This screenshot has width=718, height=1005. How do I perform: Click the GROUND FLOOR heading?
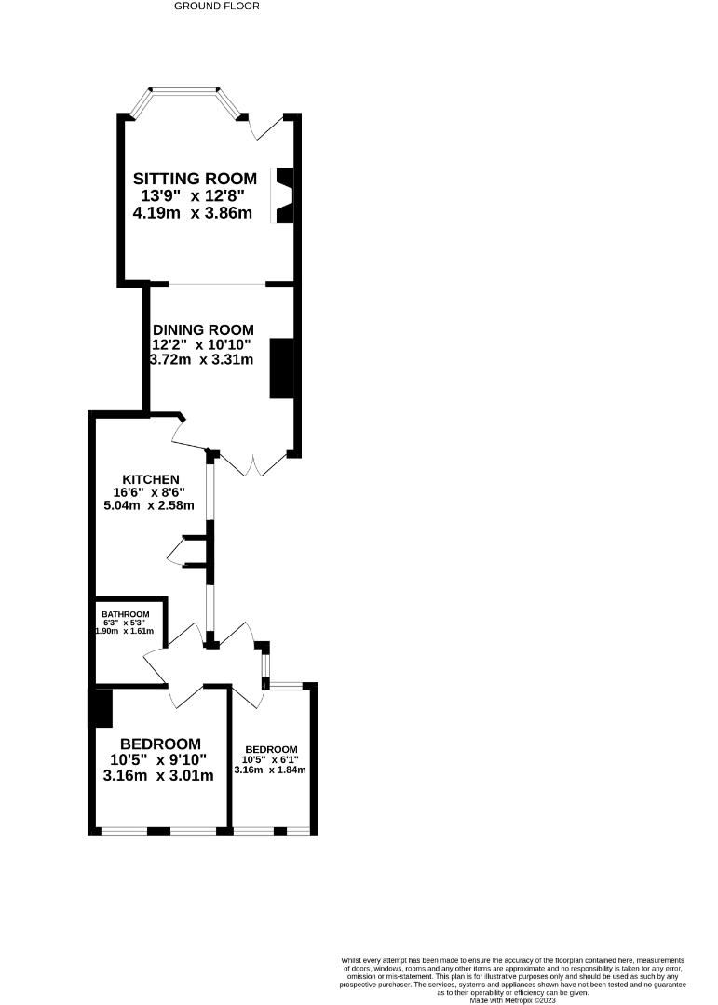tap(217, 6)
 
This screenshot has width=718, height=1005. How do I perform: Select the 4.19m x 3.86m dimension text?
tap(193, 213)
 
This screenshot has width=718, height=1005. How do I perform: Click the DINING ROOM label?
tap(203, 329)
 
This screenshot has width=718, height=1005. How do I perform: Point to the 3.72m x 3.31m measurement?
tap(201, 359)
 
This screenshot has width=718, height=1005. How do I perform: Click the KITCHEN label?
tap(151, 479)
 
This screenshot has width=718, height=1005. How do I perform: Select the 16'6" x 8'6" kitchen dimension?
tap(151, 493)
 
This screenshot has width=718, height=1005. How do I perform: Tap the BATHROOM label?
tap(126, 614)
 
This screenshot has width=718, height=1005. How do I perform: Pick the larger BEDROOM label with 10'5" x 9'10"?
tap(160, 744)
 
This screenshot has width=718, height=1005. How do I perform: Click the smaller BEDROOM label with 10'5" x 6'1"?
tap(271, 749)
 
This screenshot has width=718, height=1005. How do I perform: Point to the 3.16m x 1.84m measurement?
tap(271, 770)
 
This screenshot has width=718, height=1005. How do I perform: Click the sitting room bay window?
tap(185, 93)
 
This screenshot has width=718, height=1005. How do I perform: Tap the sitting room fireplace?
tap(282, 195)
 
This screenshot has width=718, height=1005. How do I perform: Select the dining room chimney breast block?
tap(281, 368)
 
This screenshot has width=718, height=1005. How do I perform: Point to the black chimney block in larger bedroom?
tap(102, 708)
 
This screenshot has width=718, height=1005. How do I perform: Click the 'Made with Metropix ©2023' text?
tap(512, 1000)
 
